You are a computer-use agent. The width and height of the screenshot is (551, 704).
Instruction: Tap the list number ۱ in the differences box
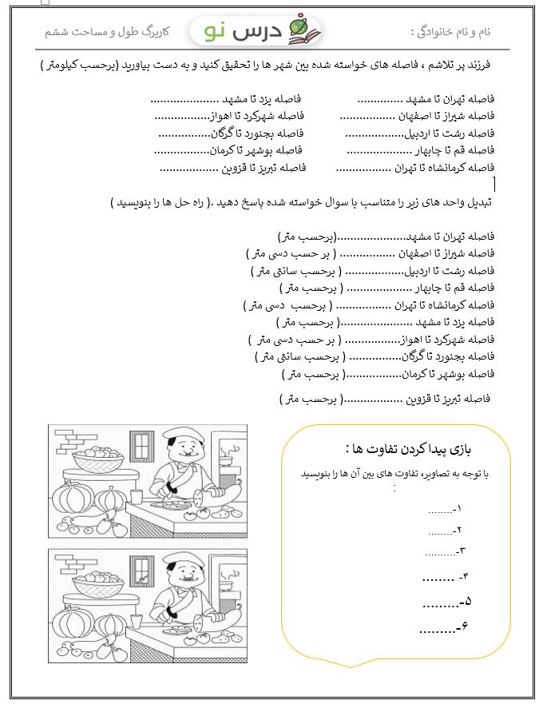point(458,508)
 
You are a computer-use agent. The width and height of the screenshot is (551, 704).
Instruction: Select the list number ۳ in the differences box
point(461,550)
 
